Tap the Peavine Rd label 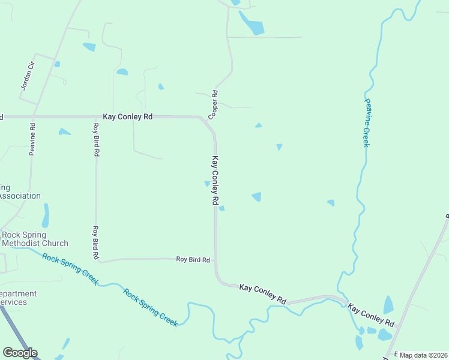click(x=32, y=139)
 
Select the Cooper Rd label click(x=212, y=103)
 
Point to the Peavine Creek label click(x=366, y=122)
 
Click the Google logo click(x=20, y=353)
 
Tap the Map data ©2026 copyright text click(x=424, y=355)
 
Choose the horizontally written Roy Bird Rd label click(x=193, y=260)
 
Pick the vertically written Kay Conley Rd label click(x=214, y=181)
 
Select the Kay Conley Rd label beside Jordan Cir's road click(x=127, y=116)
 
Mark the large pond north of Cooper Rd click(x=252, y=24)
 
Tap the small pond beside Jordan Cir click(x=57, y=64)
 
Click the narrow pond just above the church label click(x=46, y=215)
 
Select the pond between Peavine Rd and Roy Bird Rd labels click(x=64, y=132)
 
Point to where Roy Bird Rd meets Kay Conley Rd click(x=215, y=260)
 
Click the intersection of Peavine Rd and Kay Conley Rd click(x=34, y=116)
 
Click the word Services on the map click(x=13, y=302)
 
